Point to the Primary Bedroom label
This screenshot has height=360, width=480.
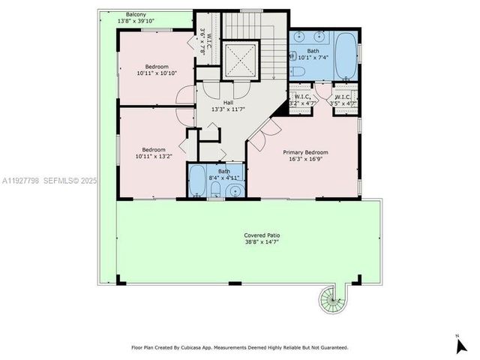[305, 152]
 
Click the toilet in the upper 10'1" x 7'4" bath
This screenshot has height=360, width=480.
[297, 72]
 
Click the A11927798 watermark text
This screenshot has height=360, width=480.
[22, 181]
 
